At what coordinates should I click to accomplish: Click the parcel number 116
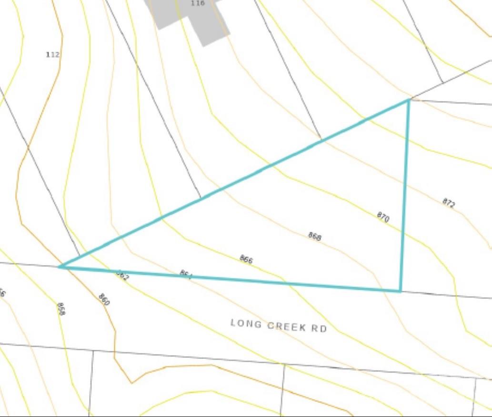[x=197, y=3]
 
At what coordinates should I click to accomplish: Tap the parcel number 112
[x=53, y=55]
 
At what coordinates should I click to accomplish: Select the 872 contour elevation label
[x=449, y=203]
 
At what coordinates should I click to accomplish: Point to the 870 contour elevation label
[x=383, y=218]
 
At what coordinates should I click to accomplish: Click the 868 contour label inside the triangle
[x=314, y=236]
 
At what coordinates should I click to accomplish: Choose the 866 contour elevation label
[x=246, y=259]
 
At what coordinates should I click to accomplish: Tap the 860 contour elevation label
[x=104, y=299]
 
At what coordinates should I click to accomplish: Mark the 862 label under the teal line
[x=122, y=276]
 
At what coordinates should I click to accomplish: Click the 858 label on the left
[x=60, y=308]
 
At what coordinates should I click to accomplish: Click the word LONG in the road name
[x=246, y=324]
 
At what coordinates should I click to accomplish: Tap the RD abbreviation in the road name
[x=319, y=328]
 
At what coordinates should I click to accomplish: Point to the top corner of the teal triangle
[x=409, y=100]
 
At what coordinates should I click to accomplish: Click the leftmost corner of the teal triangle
[x=60, y=267]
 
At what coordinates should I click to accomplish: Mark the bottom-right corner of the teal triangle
[x=400, y=291]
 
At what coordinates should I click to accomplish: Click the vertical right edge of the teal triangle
[x=405, y=195]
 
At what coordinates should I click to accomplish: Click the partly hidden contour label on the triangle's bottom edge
[x=186, y=274]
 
